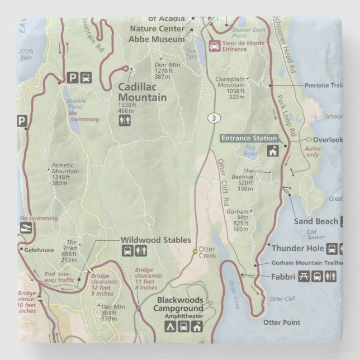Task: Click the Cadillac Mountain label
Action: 142,92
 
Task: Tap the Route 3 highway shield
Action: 213,117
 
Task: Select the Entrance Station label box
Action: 249,138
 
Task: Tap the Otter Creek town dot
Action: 195,252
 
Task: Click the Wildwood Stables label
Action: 156,240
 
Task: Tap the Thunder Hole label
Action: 297,248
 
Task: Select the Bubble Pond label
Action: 76,103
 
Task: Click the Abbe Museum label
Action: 157,39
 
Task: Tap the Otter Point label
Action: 282,323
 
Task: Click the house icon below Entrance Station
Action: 273,151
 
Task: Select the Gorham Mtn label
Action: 237,211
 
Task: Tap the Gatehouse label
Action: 39,249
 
